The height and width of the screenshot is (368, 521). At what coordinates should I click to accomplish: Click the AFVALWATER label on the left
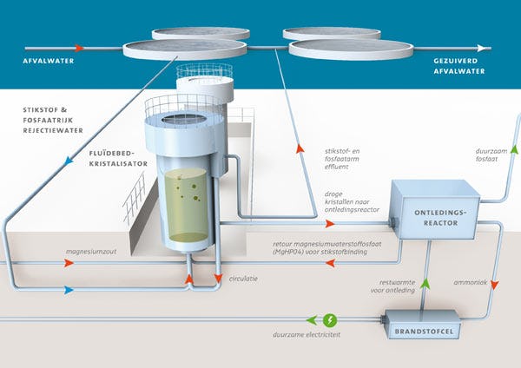pos(47,62)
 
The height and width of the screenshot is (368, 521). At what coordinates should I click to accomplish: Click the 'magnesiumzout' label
pos(93,256)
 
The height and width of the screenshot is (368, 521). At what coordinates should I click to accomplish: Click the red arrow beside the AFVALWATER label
pos(79,48)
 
